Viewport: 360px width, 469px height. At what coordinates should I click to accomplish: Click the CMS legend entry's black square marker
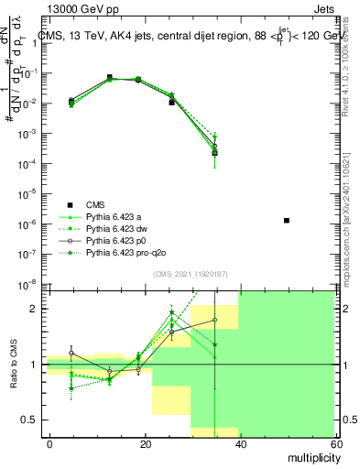(x=70, y=204)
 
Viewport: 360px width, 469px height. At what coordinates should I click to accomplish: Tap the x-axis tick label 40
(x=239, y=443)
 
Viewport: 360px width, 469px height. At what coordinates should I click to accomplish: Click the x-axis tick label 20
(x=145, y=443)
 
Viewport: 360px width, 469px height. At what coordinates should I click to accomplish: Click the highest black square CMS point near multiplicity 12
(x=110, y=78)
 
